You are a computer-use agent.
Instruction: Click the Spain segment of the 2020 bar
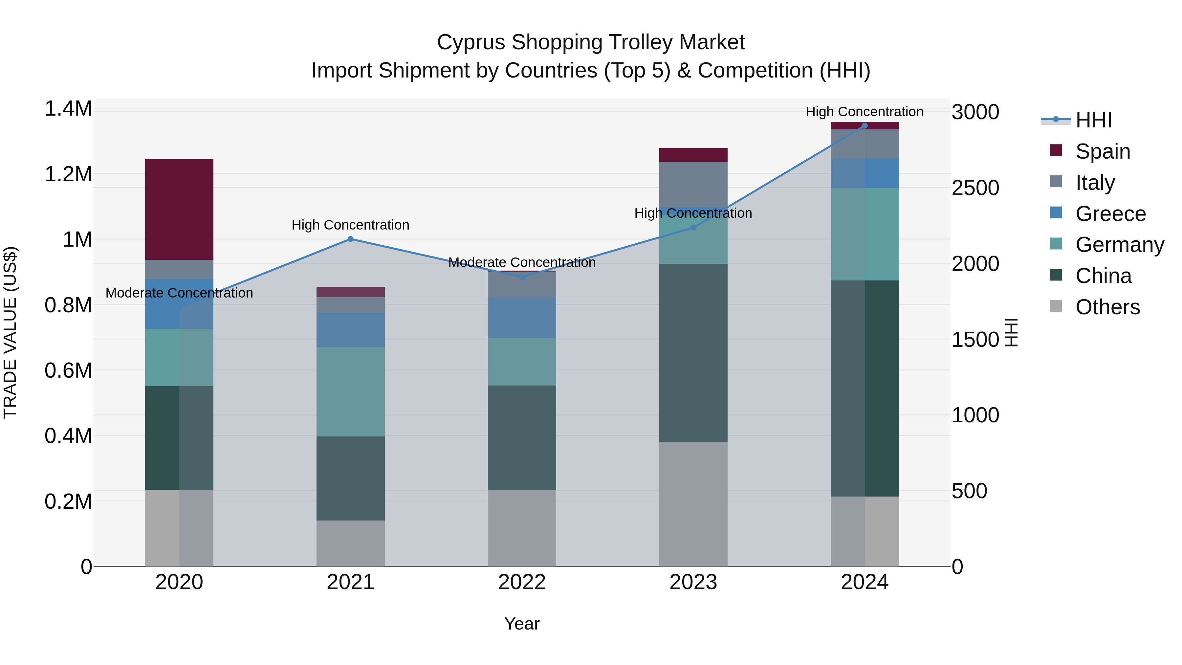coord(179,209)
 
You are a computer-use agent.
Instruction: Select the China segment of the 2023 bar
coord(693,352)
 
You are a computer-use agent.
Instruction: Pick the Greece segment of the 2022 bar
coord(522,318)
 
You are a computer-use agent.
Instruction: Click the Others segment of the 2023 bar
coord(693,504)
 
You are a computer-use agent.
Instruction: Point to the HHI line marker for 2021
coord(351,239)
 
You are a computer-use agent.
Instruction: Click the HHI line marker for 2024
coord(865,125)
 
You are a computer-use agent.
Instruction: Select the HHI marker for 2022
coord(522,277)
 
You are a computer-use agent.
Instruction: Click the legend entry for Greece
coord(1110,214)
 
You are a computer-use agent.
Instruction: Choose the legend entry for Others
coord(1107,307)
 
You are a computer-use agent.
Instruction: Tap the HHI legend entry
coord(1093,120)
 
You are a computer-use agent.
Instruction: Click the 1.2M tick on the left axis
coord(68,174)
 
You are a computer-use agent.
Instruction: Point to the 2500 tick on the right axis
coord(975,188)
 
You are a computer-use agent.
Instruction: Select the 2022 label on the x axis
coord(522,582)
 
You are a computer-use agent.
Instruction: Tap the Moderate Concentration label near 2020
coord(179,293)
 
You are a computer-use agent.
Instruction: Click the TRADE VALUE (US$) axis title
coord(10,332)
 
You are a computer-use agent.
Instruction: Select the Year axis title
coord(522,624)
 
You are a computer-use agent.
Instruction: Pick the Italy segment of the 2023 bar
coord(693,184)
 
